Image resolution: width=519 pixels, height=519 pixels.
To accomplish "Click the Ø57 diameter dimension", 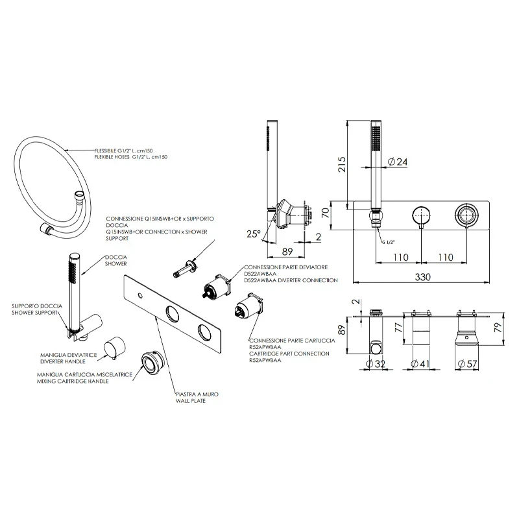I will (x=469, y=365).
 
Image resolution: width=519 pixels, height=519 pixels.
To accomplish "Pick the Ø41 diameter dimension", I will (x=423, y=365).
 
